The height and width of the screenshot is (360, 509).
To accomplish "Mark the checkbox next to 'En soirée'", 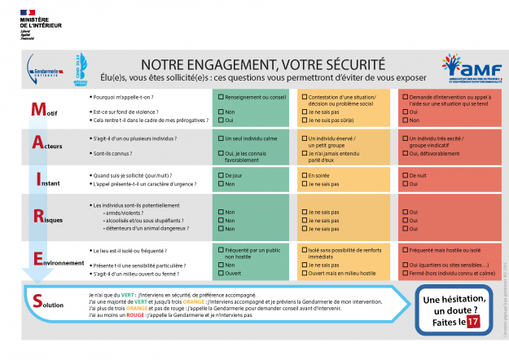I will (x=304, y=175).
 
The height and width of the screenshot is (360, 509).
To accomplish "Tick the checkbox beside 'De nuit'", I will (x=404, y=175).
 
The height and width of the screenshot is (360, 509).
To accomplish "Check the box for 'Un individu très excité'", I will (x=404, y=138).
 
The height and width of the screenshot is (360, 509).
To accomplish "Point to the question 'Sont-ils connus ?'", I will (x=119, y=153).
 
